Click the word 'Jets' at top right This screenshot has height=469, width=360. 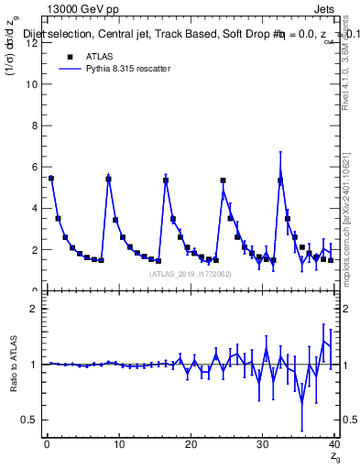pos(326,8)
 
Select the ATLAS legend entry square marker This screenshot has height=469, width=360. pos(69,56)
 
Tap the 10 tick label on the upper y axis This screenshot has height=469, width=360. pos(30,84)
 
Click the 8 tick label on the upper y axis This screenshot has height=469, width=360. pos(32,125)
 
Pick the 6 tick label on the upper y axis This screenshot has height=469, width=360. pos(32,167)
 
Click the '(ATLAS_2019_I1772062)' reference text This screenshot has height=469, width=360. pos(191,273)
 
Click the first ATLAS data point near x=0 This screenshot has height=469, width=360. pos(51,179)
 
